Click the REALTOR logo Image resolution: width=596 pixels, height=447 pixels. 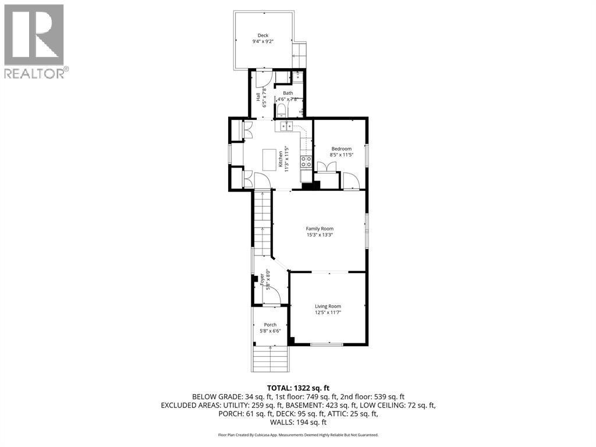35,41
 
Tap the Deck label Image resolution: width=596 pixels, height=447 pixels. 264,35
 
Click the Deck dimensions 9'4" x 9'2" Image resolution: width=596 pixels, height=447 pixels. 264,42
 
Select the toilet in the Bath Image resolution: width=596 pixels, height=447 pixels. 281,110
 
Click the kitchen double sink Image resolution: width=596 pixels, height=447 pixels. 285,126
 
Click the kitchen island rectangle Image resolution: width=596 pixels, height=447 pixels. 269,159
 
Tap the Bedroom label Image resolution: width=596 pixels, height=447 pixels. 341,148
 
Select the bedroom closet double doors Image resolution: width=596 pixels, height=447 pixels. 328,167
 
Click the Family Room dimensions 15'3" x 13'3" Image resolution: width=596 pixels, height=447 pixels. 320,236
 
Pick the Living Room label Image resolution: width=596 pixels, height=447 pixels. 328,306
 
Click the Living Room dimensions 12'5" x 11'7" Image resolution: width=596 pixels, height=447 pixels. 328,313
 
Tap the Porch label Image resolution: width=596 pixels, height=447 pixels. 270,325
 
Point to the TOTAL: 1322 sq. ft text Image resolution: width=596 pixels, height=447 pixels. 298,388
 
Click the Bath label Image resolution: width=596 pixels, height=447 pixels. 288,93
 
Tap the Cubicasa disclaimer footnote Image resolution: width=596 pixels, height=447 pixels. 298,435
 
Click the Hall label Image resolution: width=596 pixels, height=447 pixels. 258,97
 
